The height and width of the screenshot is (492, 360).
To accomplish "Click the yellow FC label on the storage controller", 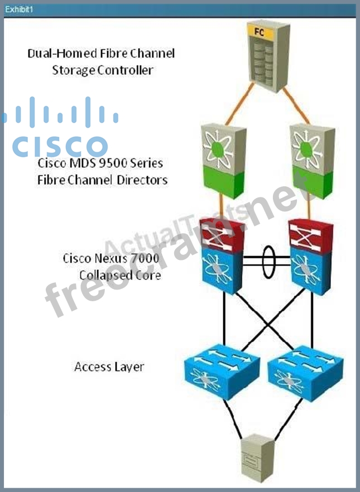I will pos(259,32).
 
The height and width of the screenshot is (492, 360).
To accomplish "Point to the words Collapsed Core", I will pos(119,275).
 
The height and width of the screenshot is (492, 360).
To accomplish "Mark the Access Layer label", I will pos(109,367).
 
